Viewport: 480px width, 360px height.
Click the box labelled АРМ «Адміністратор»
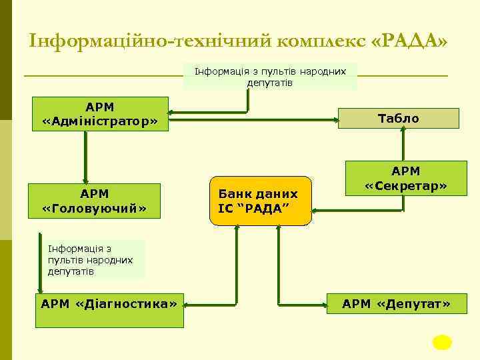click(x=100, y=114)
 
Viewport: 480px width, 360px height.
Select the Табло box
click(x=399, y=119)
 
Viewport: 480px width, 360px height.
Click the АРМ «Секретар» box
click(x=405, y=179)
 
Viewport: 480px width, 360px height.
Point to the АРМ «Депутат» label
click(x=396, y=305)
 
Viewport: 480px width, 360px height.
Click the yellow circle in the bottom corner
click(x=441, y=342)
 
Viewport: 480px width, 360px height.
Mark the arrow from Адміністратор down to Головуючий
click(x=85, y=157)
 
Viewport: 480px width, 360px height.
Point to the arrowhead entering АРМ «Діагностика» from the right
click(x=187, y=304)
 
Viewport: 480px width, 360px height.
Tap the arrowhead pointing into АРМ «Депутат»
click(x=332, y=304)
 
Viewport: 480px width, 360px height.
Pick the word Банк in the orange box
click(x=235, y=194)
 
